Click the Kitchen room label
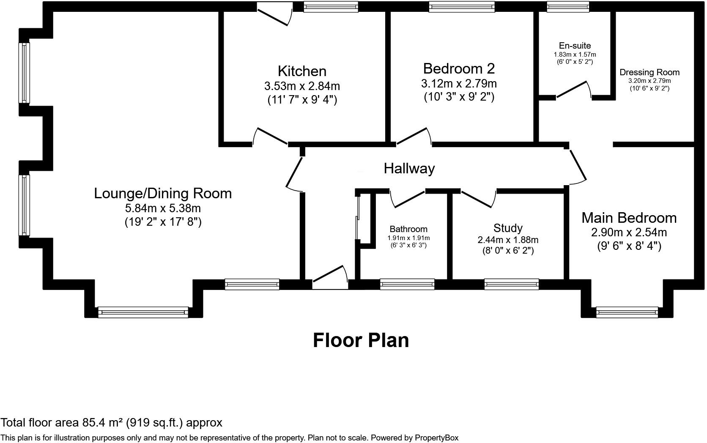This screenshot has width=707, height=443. pyautogui.click(x=302, y=71)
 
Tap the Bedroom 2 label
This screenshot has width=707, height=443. pyautogui.click(x=459, y=68)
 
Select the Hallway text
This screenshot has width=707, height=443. pyautogui.click(x=409, y=168)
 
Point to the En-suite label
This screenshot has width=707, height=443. pyautogui.click(x=575, y=46)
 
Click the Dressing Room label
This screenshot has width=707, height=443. pyautogui.click(x=649, y=72)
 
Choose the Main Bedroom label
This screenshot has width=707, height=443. pyautogui.click(x=629, y=218)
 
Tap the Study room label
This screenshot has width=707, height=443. pyautogui.click(x=508, y=228)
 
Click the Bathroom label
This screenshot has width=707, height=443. pyautogui.click(x=408, y=229)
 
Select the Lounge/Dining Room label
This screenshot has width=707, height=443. pyautogui.click(x=163, y=193)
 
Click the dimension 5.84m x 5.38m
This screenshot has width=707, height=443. pyautogui.click(x=163, y=208)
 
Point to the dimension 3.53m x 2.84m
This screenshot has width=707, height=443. pyautogui.click(x=302, y=86)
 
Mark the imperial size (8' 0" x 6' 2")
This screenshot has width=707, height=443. pyautogui.click(x=508, y=251)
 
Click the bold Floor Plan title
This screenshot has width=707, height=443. pyautogui.click(x=361, y=340)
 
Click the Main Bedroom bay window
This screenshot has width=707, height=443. pyautogui.click(x=627, y=313)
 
